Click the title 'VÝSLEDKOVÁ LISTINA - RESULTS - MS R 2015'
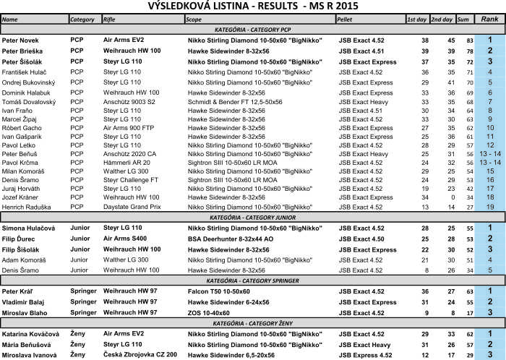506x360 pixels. point(253,7)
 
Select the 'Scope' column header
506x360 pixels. point(194,19)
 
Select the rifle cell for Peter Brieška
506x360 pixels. point(132,51)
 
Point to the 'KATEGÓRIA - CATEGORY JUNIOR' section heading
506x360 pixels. point(252,217)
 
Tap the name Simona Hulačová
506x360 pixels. point(30,228)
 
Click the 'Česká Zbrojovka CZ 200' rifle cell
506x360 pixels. point(140,355)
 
